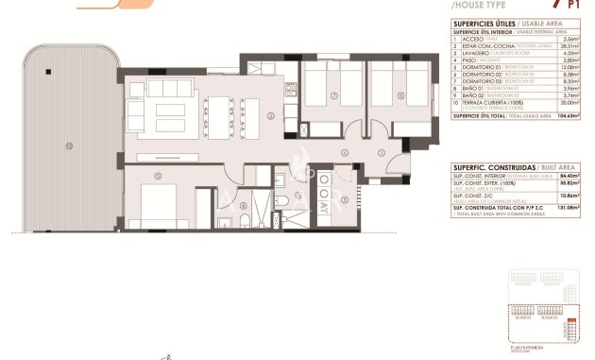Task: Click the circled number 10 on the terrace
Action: [68, 145]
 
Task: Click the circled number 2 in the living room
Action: [271, 116]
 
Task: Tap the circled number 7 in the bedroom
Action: [334, 96]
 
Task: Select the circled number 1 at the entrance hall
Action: [380, 153]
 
